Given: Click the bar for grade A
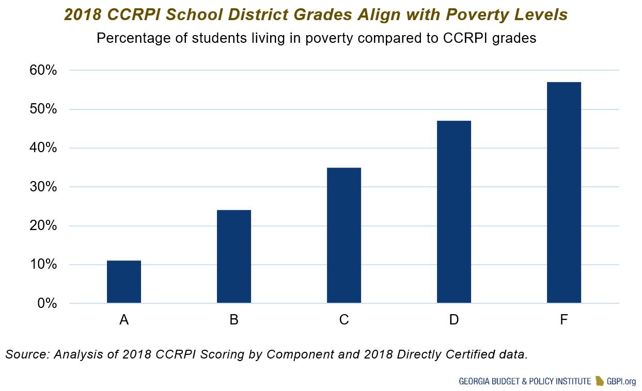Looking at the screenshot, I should coord(124,282).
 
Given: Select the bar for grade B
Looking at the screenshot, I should coord(234,256).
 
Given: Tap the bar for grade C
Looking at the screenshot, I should coord(344,235).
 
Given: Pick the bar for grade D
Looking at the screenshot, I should coord(454,211).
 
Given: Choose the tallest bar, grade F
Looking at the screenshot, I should coord(564,192).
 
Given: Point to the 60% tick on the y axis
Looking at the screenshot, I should coord(43,70).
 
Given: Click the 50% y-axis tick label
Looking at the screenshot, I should coord(43,109).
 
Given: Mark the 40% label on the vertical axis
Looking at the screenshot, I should coord(43,148).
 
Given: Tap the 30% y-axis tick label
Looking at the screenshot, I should coord(43,187).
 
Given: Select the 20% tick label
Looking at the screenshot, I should coord(43,226).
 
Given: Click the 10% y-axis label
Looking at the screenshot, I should coord(43,265).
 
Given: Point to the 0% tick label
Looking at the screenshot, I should coord(46,303).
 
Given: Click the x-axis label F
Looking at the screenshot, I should coord(564,320).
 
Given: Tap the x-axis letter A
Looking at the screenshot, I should coord(124,320).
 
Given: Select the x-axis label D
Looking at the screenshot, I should coord(454,320).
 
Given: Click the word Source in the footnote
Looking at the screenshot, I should coord(25,354).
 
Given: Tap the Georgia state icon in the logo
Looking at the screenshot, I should coord(600,381).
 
